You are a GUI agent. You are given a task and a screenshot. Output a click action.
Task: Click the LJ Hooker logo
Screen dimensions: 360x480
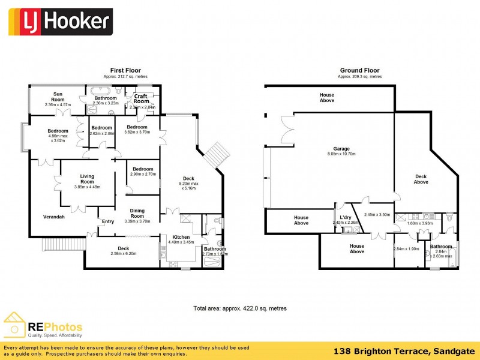(59, 22)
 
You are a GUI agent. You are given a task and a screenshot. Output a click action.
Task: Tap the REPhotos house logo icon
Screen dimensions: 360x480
(15, 324)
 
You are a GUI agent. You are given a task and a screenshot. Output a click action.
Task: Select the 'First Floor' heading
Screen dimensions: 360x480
(125, 70)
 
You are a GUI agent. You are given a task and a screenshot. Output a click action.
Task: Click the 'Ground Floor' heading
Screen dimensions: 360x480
(359, 70)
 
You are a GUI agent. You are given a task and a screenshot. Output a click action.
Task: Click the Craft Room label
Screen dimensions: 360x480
(141, 98)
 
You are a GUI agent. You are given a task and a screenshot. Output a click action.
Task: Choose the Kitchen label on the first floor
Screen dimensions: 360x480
(181, 237)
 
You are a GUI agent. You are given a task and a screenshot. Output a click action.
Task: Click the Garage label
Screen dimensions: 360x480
(341, 149)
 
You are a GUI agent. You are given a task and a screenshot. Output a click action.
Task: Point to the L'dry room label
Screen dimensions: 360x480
(345, 217)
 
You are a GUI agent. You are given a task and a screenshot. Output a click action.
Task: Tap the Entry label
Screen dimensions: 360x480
(108, 221)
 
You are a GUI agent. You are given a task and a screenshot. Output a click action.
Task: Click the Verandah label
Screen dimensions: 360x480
(54, 217)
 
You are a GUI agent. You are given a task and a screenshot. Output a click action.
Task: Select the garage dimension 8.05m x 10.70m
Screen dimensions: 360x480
(341, 154)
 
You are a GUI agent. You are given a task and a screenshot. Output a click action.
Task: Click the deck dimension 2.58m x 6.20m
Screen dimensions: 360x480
(122, 254)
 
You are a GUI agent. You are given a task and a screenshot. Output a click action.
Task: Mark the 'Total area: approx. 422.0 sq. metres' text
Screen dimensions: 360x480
(239, 308)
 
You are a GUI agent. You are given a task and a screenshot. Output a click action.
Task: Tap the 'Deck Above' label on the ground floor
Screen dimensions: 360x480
(421, 179)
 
